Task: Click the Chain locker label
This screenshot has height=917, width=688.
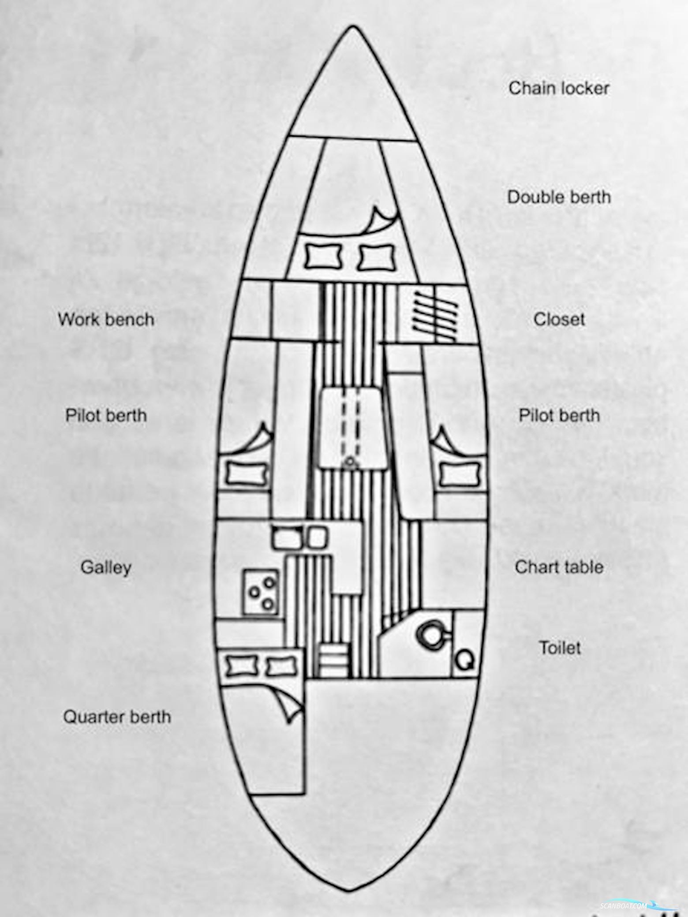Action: coord(559,89)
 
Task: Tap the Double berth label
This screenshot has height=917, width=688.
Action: coord(559,197)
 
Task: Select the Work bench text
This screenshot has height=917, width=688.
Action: coord(106,320)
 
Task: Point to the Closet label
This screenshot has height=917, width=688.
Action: coord(559,320)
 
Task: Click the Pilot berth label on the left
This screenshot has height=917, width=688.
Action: coord(106,416)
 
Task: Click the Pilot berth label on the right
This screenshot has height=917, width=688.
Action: coord(559,416)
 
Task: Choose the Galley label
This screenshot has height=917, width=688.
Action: coord(106,567)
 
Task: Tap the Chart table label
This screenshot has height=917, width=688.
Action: coord(559,567)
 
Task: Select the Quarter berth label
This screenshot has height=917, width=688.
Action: coord(117,717)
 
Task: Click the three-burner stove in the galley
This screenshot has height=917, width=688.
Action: coord(261,592)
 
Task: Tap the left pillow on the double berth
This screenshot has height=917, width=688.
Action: coord(324,257)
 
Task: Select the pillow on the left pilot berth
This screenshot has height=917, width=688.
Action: coord(247,474)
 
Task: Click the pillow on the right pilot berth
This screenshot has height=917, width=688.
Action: coord(459,474)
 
